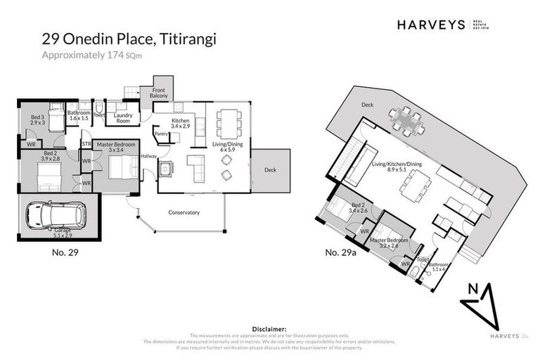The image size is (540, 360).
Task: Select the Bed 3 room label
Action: coord(37,119)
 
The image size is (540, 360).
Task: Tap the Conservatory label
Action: coord(184,212)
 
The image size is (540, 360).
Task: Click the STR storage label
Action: coord(86,144)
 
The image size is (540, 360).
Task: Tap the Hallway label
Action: coord(148,157)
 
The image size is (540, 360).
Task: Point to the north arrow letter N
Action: coord(472,289)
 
